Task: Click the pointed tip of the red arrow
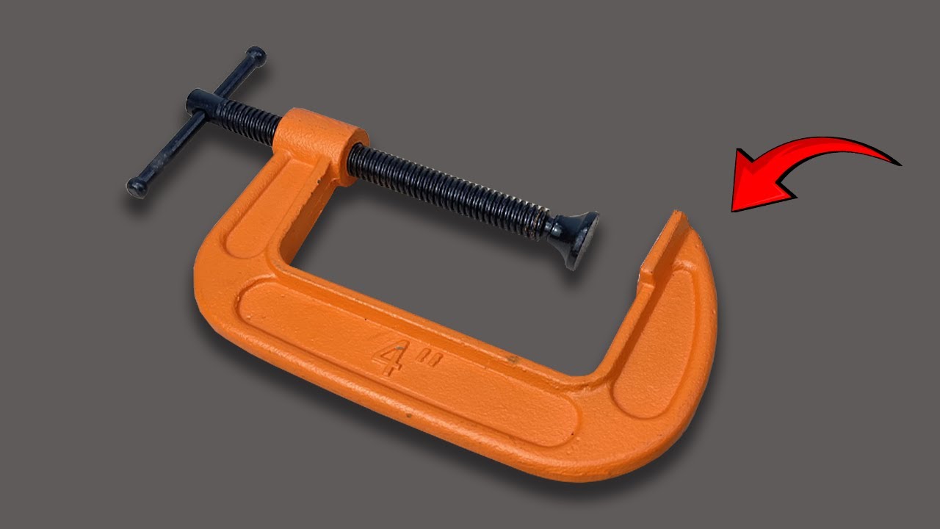pyautogui.click(x=734, y=209)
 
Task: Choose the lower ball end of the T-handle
pyautogui.click(x=136, y=187)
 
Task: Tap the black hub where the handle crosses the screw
pyautogui.click(x=200, y=102)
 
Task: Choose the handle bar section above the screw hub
pyautogui.click(x=231, y=77)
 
